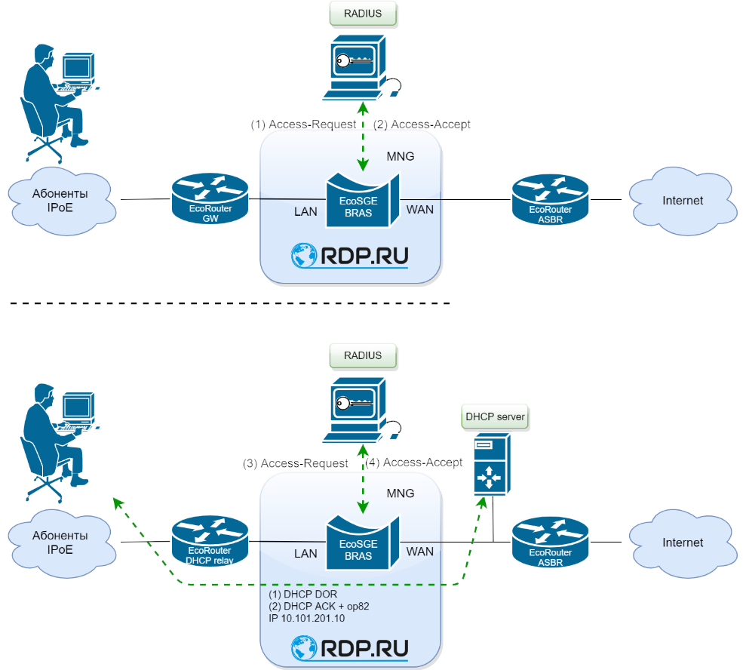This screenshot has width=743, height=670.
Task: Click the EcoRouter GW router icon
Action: [209, 198]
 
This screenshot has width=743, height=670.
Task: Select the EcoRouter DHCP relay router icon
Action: [209, 541]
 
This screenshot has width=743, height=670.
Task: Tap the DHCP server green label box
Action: [495, 416]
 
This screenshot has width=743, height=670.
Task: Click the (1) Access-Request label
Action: [303, 124]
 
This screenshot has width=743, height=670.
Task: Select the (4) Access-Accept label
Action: [413, 463]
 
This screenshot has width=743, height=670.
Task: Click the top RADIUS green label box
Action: [363, 13]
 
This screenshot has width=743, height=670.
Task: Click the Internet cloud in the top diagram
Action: [682, 200]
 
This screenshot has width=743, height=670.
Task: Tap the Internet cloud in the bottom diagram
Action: [682, 542]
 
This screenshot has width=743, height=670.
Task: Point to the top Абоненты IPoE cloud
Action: [60, 200]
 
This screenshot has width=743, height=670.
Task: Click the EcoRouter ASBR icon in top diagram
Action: [550, 200]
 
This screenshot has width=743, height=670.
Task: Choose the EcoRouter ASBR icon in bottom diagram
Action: [550, 542]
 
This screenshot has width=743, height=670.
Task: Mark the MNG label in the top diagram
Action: [400, 156]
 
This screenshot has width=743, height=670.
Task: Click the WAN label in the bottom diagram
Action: [420, 552]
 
